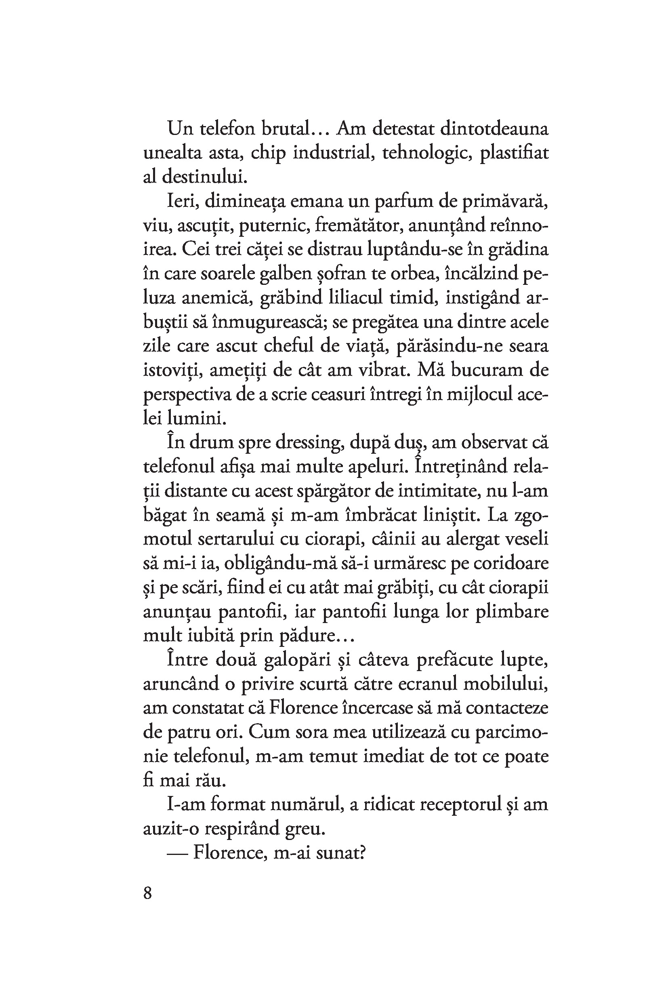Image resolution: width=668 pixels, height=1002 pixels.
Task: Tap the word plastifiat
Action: (514, 153)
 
